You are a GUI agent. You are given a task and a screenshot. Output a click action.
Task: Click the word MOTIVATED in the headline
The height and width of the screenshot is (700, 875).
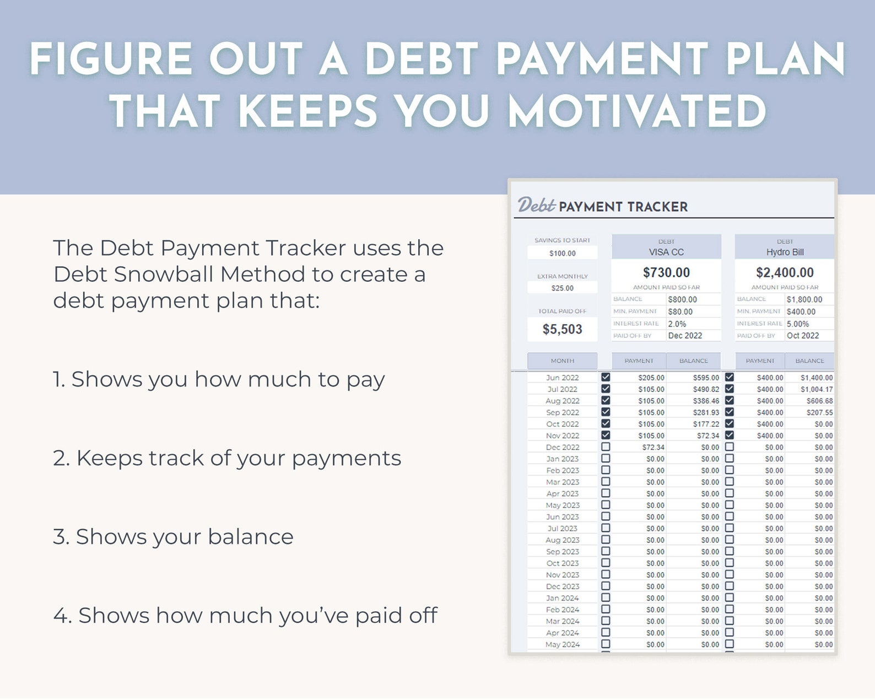tap(637, 111)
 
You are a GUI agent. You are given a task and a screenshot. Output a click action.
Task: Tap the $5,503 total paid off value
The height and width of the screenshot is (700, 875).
tap(562, 329)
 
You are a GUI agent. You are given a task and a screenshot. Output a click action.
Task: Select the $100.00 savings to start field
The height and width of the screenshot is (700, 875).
tap(562, 253)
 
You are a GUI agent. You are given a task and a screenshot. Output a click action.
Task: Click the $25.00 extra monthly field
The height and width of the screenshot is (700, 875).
tap(562, 288)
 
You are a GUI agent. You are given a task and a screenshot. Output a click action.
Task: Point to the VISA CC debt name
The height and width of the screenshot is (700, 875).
tap(666, 252)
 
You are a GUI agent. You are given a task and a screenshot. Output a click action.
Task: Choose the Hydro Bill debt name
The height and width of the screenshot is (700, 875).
tap(785, 252)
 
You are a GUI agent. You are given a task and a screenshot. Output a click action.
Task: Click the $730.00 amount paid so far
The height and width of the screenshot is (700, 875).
tap(666, 272)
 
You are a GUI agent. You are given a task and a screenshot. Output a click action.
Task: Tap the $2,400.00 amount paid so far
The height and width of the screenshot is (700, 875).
tap(785, 272)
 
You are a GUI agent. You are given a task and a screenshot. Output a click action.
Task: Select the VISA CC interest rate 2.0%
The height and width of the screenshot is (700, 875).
tap(677, 324)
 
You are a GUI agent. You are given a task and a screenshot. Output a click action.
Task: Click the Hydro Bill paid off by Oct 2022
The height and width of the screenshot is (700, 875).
tap(803, 336)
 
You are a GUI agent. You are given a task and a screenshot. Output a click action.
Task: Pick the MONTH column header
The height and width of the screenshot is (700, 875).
tap(562, 360)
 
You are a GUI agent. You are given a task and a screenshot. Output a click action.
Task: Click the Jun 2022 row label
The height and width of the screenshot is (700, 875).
tap(562, 378)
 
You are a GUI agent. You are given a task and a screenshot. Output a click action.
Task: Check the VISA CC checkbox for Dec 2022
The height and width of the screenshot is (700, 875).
tap(606, 446)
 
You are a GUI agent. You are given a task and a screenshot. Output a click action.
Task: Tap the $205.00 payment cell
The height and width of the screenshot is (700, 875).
tap(651, 378)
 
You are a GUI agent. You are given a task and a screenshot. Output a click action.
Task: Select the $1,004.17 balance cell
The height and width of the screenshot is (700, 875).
tap(817, 389)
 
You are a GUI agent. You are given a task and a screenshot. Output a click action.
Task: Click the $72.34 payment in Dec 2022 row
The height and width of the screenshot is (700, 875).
tap(653, 447)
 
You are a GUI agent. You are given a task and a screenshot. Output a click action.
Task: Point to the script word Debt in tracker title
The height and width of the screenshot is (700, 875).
tap(536, 205)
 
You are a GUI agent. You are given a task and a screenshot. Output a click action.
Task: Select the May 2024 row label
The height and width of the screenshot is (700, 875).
tap(562, 644)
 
